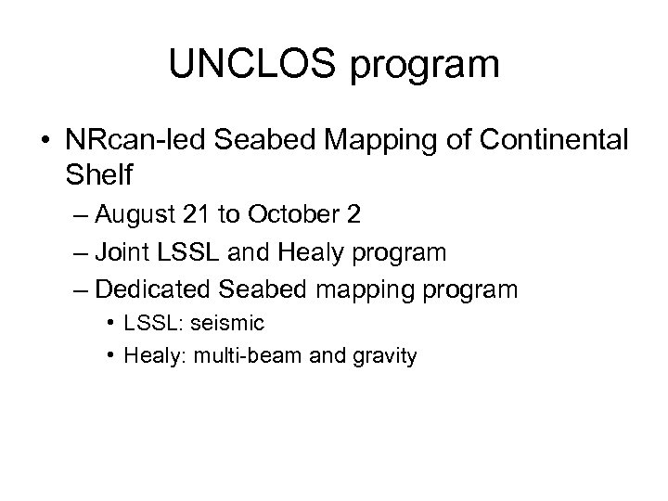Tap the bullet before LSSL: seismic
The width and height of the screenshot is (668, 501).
click(x=111, y=323)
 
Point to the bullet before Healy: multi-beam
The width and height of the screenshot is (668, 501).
click(x=111, y=354)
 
